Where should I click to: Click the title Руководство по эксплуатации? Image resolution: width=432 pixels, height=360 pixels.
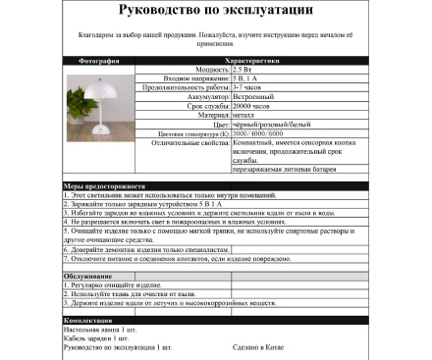[216, 11]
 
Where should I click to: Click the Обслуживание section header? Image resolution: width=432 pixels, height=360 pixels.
[86, 277]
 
